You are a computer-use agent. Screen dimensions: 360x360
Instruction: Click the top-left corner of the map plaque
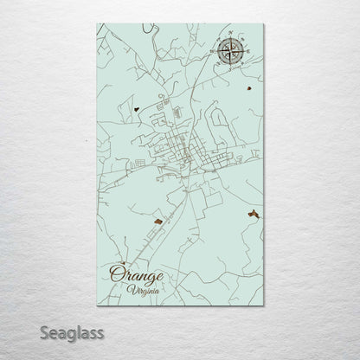[x=98, y=24]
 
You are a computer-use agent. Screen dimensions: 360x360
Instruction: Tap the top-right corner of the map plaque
[x=263, y=24]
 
